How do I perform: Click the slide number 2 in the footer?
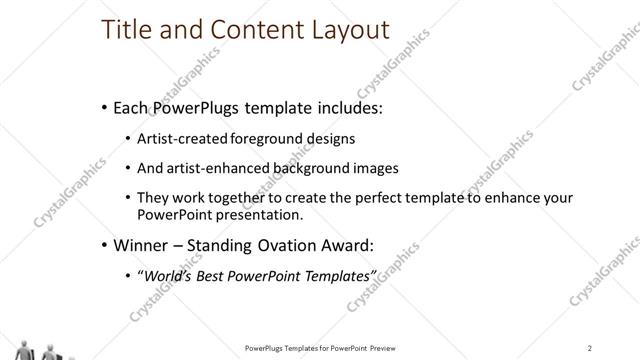pos(591,347)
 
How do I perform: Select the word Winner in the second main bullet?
pos(143,244)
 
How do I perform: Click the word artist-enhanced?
pos(215,167)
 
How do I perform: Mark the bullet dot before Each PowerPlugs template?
pos(106,106)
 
